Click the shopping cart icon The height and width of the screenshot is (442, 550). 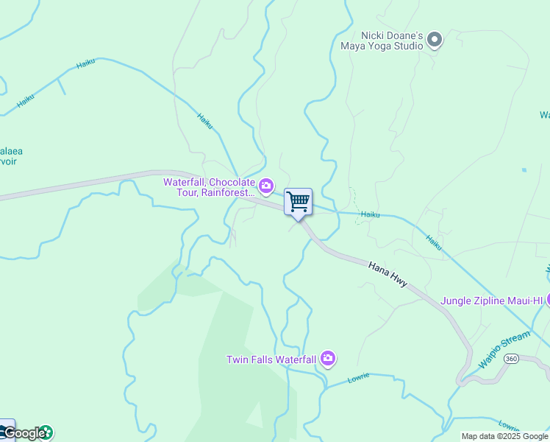tap(298, 201)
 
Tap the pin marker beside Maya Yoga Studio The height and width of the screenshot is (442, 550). tap(435, 39)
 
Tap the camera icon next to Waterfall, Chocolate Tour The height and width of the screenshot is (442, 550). tap(266, 185)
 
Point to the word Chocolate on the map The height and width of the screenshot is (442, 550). tap(232, 182)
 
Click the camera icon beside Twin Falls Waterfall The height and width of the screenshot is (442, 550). tap(328, 359)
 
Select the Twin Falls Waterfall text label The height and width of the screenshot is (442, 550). tap(271, 359)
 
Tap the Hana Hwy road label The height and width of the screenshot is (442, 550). tap(387, 272)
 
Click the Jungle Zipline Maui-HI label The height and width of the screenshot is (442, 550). tap(491, 301)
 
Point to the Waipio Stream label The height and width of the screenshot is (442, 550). tap(504, 349)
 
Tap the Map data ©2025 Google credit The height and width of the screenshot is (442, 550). tap(505, 436)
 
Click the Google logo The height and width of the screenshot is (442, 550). tap(24, 433)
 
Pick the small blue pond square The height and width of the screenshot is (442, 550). tap(524, 170)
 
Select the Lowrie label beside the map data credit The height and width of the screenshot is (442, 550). tap(509, 425)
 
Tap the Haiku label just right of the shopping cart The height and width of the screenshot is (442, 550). tap(370, 214)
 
